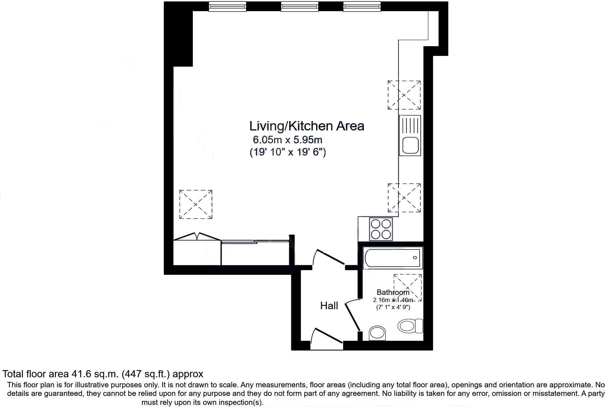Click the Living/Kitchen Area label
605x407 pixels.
pyautogui.click(x=306, y=126)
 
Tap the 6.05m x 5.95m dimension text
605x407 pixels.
pyautogui.click(x=287, y=140)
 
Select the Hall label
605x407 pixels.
pyautogui.click(x=329, y=306)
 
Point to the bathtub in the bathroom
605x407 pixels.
pyautogui.click(x=392, y=258)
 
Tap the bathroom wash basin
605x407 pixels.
pyautogui.click(x=377, y=332)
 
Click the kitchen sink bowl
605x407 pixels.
pyautogui.click(x=410, y=145)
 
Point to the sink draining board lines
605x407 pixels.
pyautogui.click(x=410, y=125)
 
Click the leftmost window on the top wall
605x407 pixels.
pyautogui.click(x=228, y=6)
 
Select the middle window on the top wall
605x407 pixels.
pyautogui.click(x=299, y=6)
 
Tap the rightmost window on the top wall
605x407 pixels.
pyautogui.click(x=362, y=6)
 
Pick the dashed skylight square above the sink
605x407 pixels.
pyautogui.click(x=404, y=95)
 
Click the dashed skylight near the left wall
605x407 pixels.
pyautogui.click(x=196, y=204)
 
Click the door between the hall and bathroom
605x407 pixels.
pyautogui.click(x=352, y=315)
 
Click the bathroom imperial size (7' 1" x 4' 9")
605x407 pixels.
pyautogui.click(x=393, y=307)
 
